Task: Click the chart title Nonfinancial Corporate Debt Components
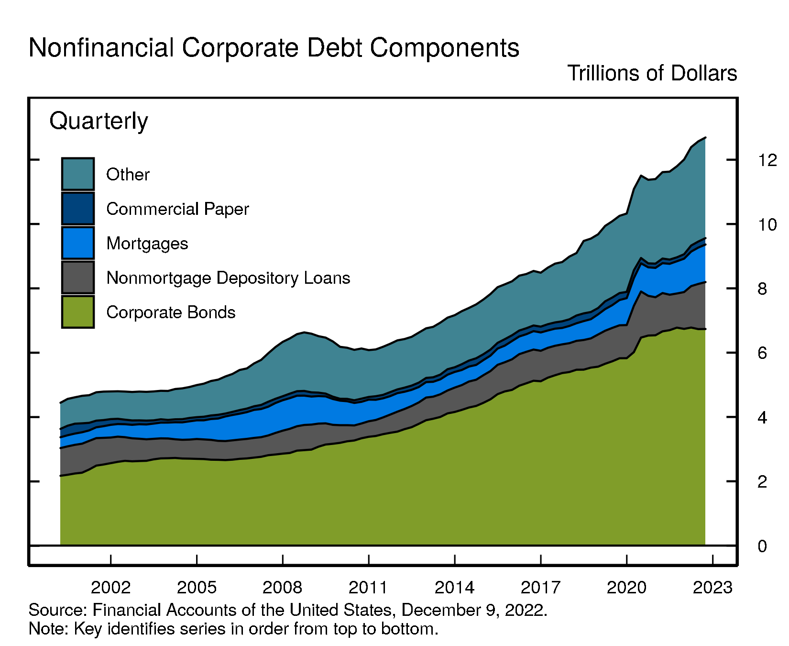point(274,48)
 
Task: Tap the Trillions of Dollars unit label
point(652,73)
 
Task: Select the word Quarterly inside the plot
point(99,121)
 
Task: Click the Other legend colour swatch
point(78,174)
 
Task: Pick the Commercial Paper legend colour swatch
point(78,209)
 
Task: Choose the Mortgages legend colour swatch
point(78,243)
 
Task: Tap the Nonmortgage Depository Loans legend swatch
point(78,278)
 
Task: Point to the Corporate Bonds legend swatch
point(78,312)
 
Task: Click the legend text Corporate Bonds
point(171,312)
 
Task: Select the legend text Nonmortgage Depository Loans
point(228,278)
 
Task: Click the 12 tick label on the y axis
point(767,160)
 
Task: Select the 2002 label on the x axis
point(110,588)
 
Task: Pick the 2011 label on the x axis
point(368,588)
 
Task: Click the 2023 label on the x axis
point(712,588)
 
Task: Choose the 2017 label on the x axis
point(540,588)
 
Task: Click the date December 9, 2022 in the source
point(474,610)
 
